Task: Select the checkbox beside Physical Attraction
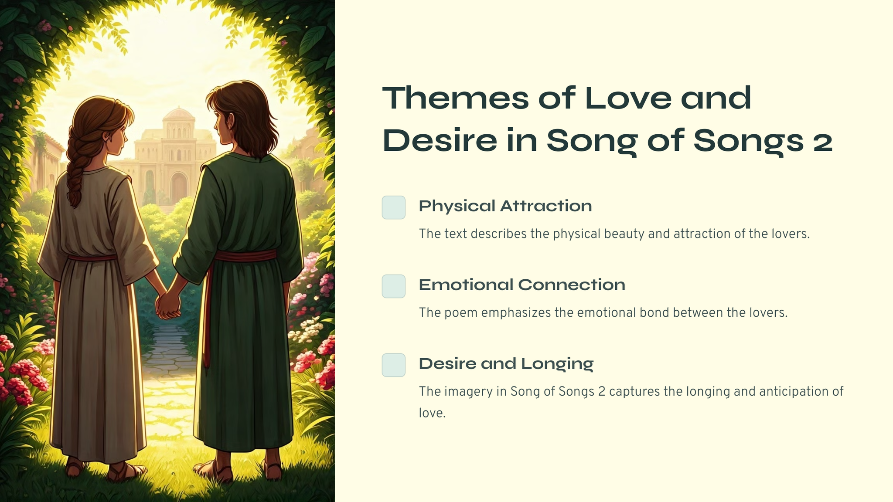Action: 394,207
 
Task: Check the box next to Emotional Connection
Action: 394,286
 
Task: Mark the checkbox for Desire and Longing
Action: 394,365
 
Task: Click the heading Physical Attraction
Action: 505,206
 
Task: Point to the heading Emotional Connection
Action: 522,285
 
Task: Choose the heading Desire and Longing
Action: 506,364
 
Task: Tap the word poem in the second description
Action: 461,313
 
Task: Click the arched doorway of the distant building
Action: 179,187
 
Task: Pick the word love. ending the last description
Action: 432,413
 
